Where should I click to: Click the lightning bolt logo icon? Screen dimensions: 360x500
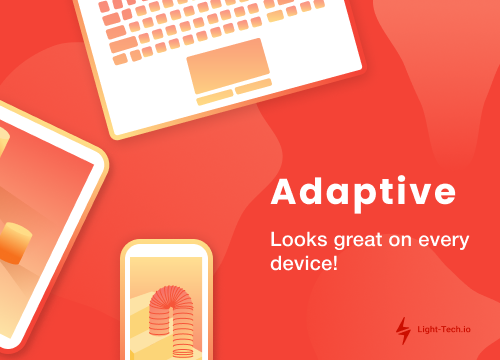pyautogui.click(x=403, y=327)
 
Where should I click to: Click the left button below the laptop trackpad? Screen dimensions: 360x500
pyautogui.click(x=213, y=98)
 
